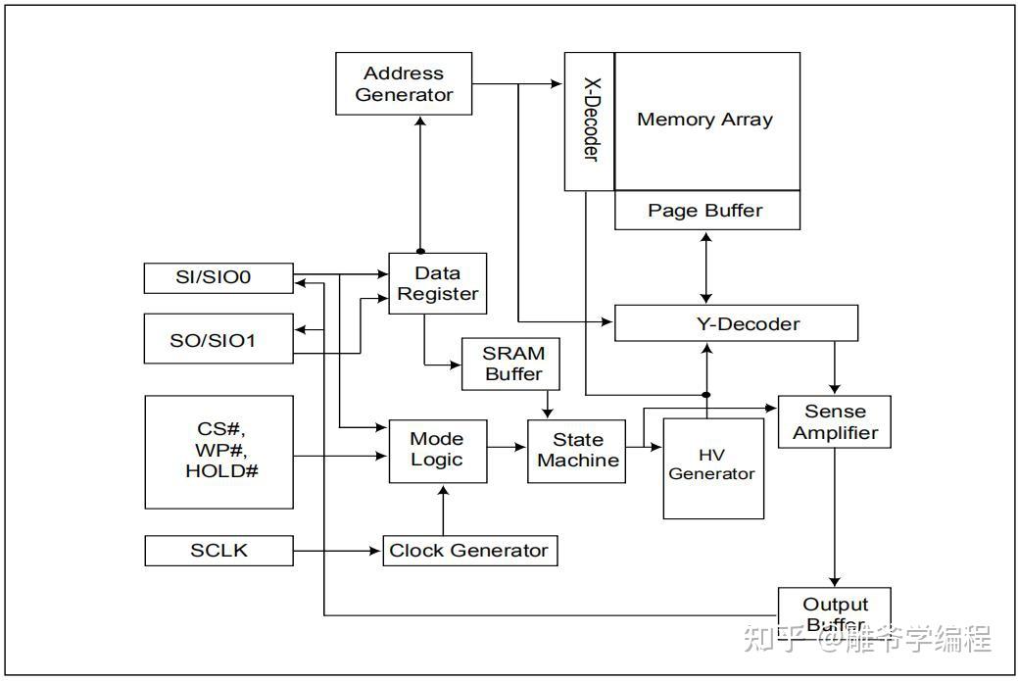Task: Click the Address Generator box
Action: click(404, 83)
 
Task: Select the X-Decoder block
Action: click(590, 122)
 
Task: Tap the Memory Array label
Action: click(705, 120)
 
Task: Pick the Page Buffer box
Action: click(707, 211)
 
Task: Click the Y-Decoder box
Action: click(736, 323)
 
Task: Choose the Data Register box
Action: click(438, 284)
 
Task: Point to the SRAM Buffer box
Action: click(510, 364)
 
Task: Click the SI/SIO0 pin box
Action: click(218, 278)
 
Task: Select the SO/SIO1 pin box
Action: click(218, 338)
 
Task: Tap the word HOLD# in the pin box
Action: click(221, 471)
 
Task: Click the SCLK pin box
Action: click(218, 551)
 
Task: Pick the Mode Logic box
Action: click(438, 451)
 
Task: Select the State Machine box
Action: click(576, 451)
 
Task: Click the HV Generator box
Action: click(713, 468)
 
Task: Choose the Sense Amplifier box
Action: click(834, 422)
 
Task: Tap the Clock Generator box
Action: click(470, 551)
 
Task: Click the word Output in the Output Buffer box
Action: click(835, 605)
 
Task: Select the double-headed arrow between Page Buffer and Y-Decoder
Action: click(706, 268)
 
